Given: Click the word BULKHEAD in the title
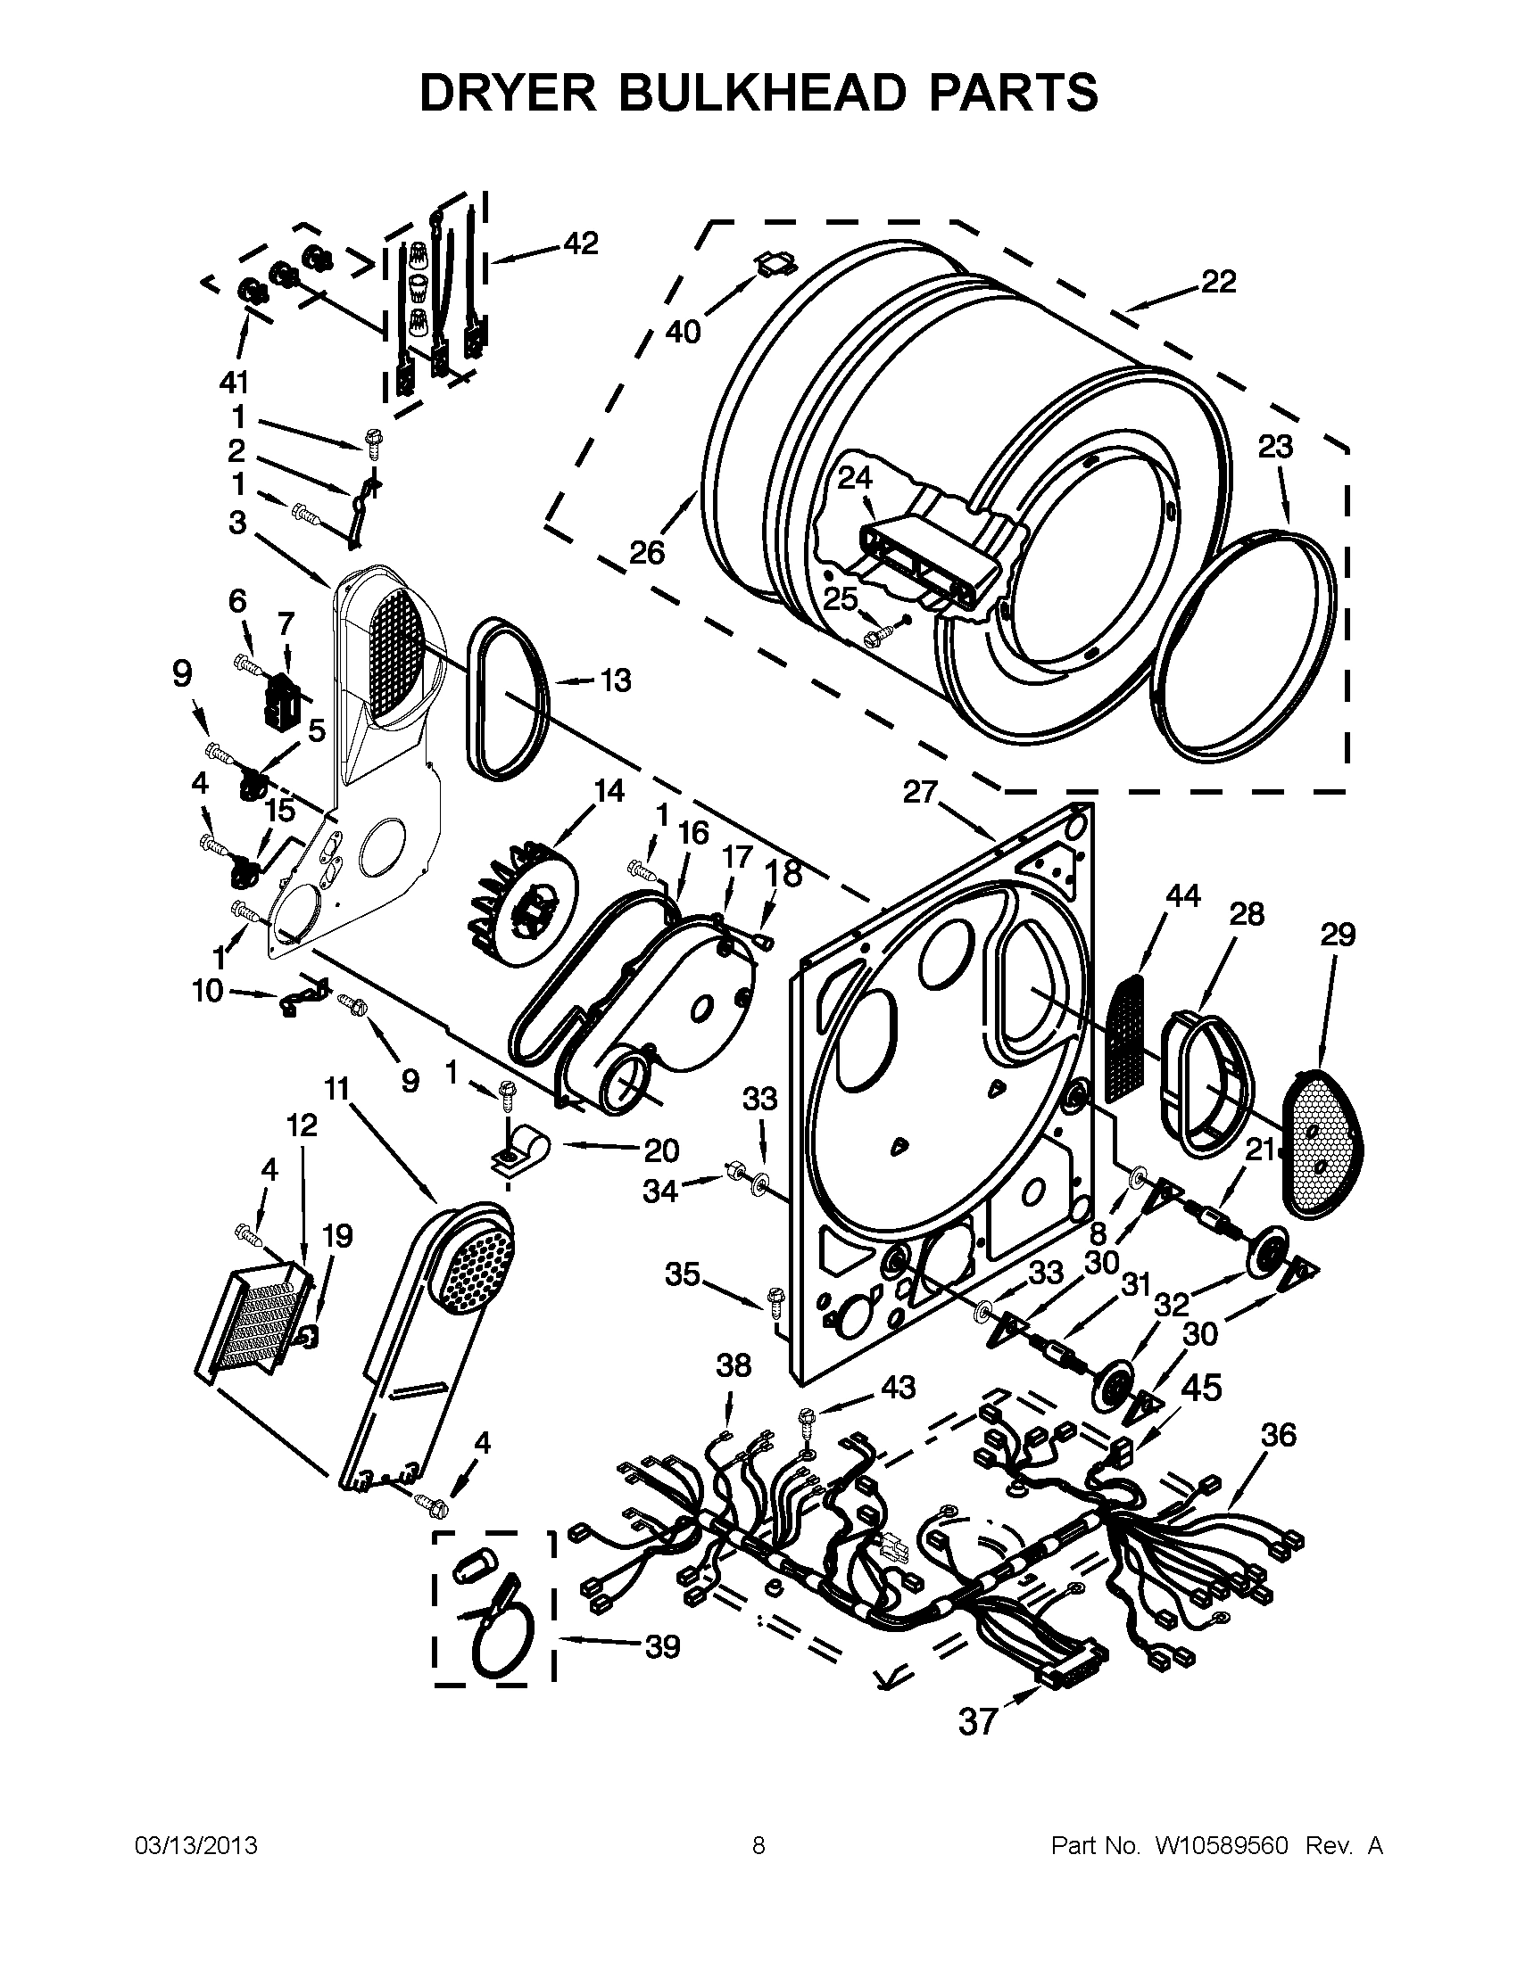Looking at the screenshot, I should coord(758,93).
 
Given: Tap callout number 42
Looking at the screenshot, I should coord(581,243).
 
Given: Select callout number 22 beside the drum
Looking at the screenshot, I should coord(1219,282).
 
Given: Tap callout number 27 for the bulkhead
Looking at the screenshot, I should coord(920,793).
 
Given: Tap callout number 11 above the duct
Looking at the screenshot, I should coord(336,1090).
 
